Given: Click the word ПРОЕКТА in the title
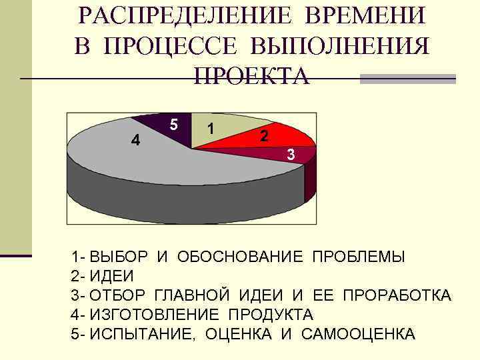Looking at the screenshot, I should [x=251, y=75].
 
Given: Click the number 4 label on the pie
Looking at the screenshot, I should [x=135, y=140].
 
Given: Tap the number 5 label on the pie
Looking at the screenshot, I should [x=173, y=125].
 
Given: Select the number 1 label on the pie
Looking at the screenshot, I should [x=211, y=128].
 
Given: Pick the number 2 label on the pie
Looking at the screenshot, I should [x=265, y=136].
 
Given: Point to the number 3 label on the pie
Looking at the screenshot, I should [x=291, y=155].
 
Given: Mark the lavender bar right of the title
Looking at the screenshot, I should [x=407, y=79].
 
